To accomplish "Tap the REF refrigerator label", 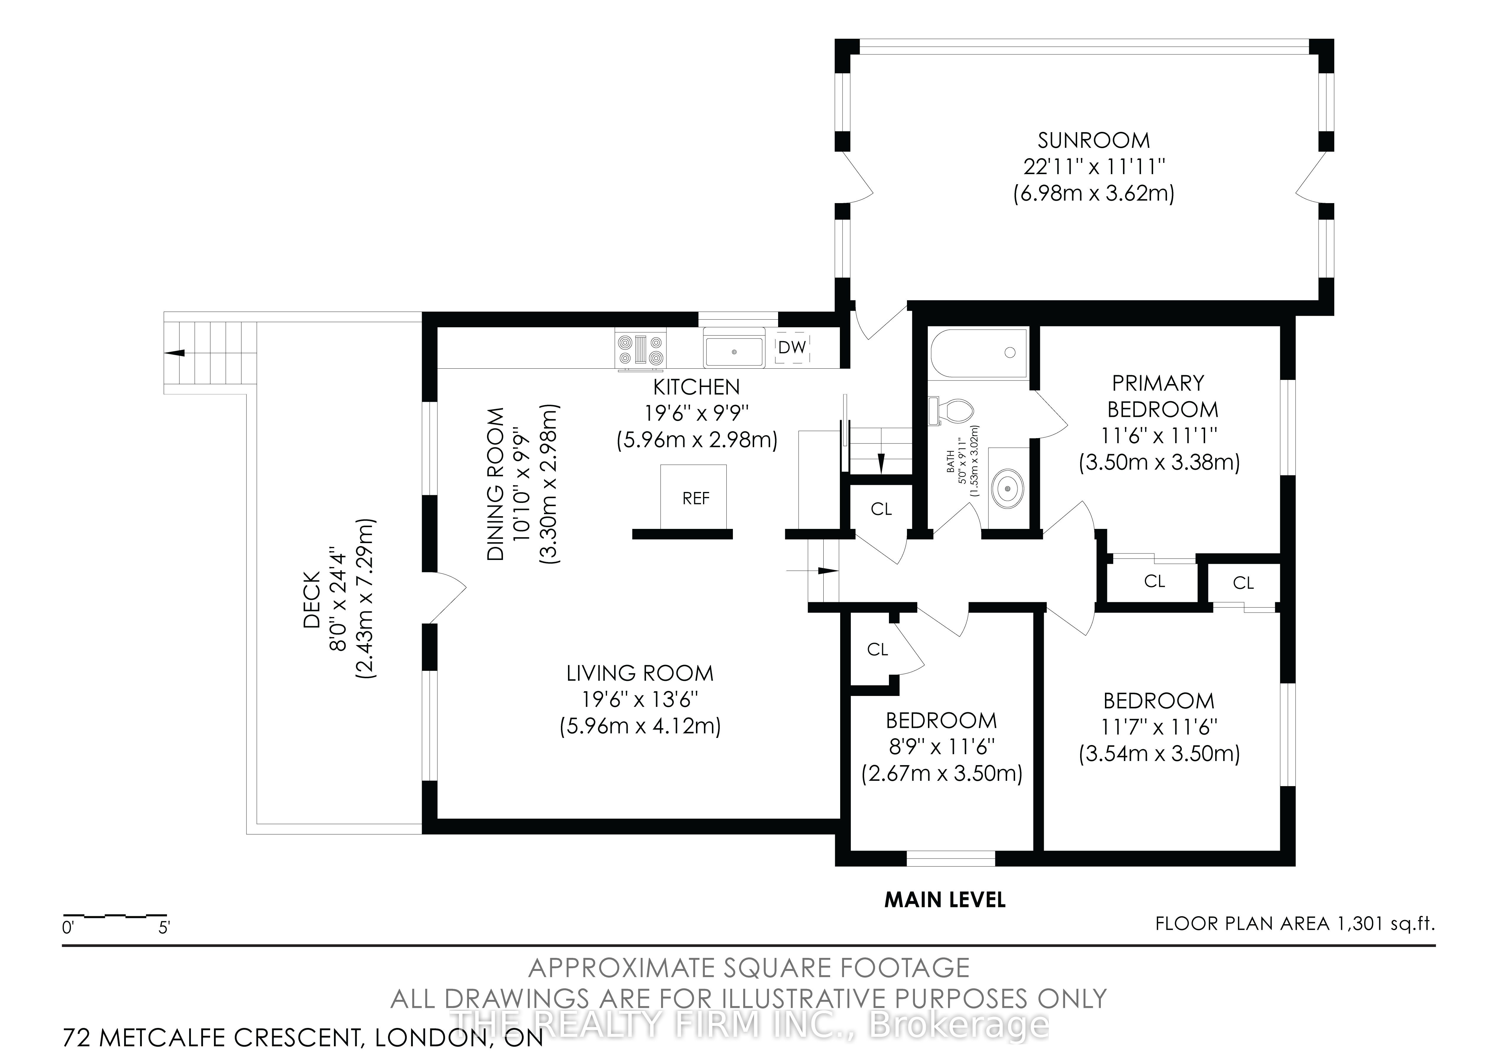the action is click(x=695, y=499).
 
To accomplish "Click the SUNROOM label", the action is click(x=1093, y=140).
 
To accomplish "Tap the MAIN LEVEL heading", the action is click(x=945, y=900).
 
